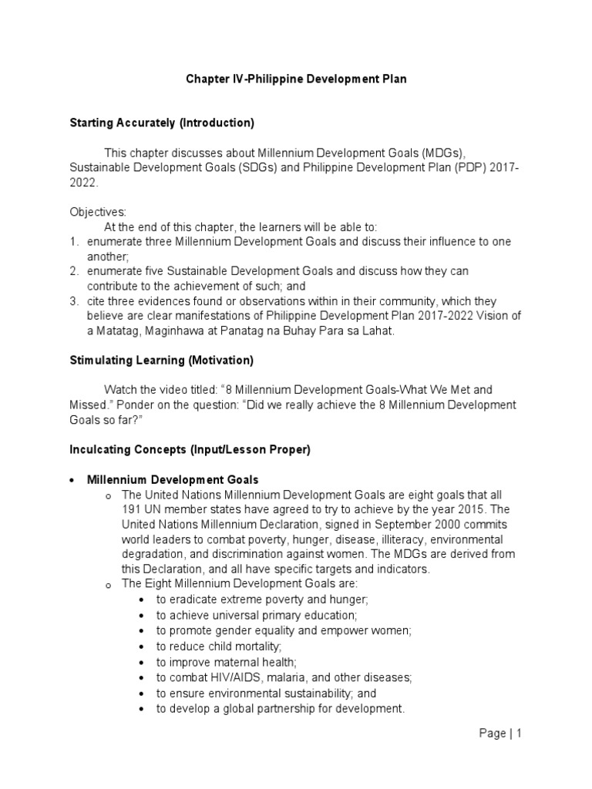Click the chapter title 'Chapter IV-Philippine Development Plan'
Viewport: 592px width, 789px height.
tap(296, 79)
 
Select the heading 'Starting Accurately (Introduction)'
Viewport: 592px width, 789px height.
tap(161, 123)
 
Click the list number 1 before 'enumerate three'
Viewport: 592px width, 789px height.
tap(74, 242)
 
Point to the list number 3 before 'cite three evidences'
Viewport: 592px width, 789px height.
tap(74, 301)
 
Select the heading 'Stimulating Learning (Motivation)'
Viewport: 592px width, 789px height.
tap(161, 360)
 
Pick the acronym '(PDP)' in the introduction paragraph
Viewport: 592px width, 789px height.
tap(423, 167)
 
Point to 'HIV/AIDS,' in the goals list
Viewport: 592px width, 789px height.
tap(232, 677)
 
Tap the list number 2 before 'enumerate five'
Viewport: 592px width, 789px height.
tap(74, 272)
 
